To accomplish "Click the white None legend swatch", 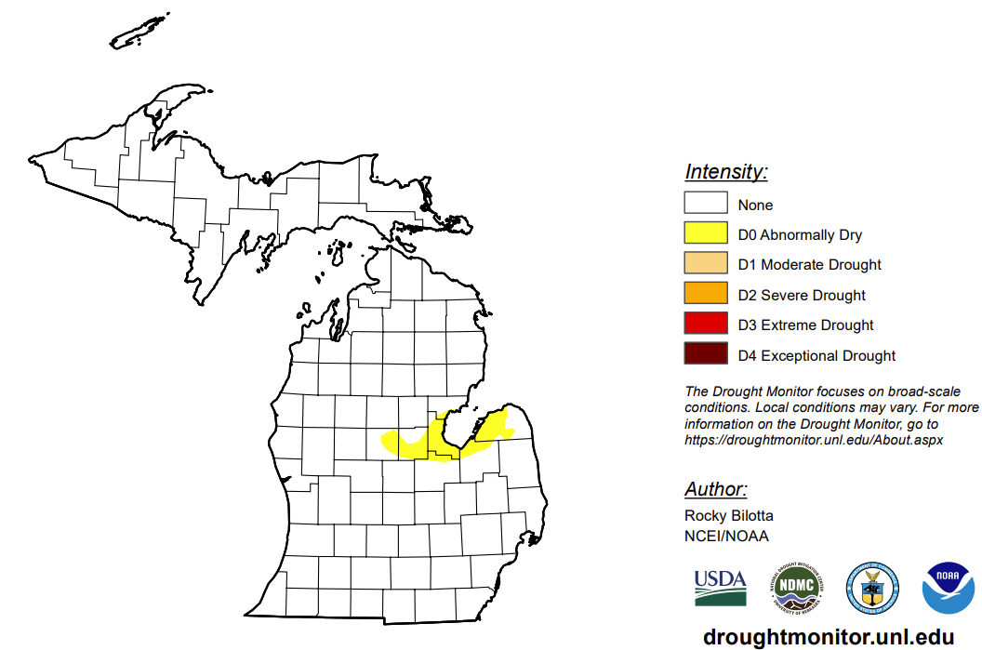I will [705, 204].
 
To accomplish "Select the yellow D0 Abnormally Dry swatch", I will [705, 234].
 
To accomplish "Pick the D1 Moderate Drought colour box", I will [705, 264].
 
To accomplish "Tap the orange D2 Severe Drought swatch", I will [705, 295].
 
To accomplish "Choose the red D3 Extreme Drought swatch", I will [705, 325].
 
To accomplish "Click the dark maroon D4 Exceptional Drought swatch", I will [705, 355].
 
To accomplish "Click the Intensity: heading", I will [726, 172].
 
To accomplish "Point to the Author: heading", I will [715, 490].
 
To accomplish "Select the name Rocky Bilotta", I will [728, 515].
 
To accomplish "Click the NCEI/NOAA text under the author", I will [726, 536].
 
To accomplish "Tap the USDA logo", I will [720, 589].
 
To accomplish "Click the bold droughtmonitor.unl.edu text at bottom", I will [829, 637].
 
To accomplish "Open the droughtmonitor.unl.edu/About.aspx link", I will [814, 440].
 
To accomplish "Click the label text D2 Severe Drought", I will [802, 295].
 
